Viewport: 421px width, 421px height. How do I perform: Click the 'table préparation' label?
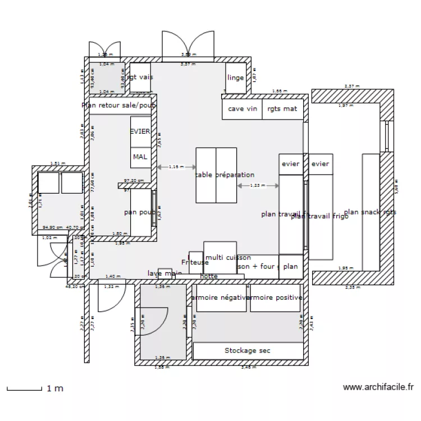tap(225, 175)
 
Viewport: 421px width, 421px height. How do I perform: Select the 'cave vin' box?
tap(242, 109)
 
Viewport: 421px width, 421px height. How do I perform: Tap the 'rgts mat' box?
tap(282, 109)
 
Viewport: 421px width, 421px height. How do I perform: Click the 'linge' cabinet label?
tap(236, 77)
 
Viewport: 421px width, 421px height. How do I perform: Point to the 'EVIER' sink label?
tap(140, 131)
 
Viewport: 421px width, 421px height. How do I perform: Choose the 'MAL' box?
tap(140, 157)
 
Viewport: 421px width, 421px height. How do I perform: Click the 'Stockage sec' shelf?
tap(248, 351)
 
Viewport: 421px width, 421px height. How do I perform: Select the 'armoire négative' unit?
tap(220, 298)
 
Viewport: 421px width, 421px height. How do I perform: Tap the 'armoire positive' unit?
tap(274, 298)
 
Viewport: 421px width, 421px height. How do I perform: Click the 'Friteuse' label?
tap(195, 262)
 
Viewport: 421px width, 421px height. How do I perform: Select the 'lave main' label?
tap(164, 273)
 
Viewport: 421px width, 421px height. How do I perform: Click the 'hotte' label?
tap(208, 276)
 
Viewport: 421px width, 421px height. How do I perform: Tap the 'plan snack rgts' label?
tap(370, 212)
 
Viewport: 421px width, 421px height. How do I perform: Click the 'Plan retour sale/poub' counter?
tap(119, 105)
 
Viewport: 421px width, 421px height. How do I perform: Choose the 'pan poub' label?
tap(140, 213)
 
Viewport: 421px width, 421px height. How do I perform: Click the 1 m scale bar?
tap(24, 388)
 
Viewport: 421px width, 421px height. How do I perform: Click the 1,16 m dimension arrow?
tap(176, 167)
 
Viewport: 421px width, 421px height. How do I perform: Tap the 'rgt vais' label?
tap(140, 77)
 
